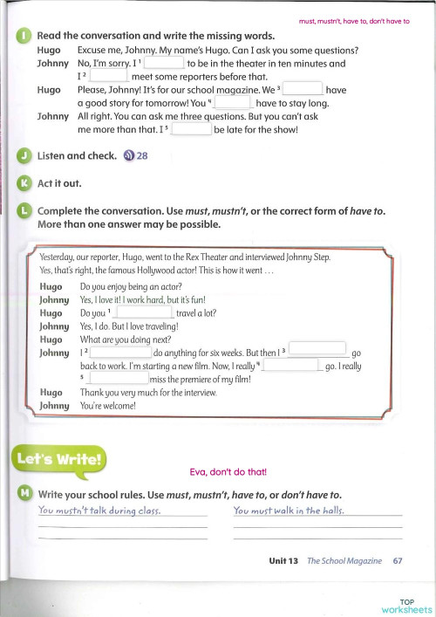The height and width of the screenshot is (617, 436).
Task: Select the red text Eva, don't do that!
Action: pyautogui.click(x=228, y=472)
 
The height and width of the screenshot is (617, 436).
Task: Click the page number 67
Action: pyautogui.click(x=397, y=561)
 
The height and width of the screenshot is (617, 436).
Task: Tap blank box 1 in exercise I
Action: pyautogui.click(x=163, y=64)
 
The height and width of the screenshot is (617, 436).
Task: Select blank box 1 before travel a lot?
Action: pyautogui.click(x=143, y=312)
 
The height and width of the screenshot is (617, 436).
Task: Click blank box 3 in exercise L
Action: pyautogui.click(x=316, y=350)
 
